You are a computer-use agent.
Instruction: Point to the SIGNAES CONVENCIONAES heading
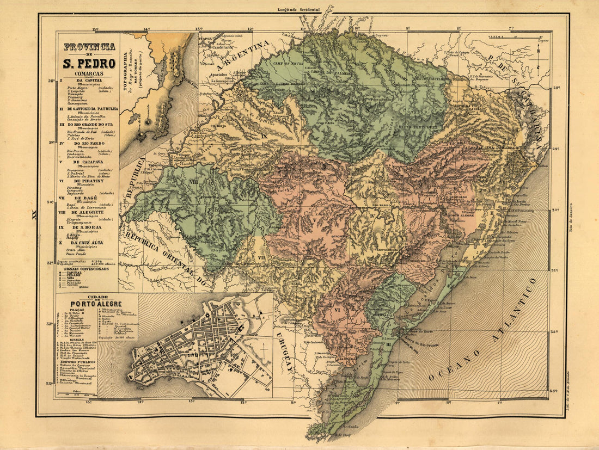point(85,268)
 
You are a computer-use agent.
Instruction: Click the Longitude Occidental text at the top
point(298,10)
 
